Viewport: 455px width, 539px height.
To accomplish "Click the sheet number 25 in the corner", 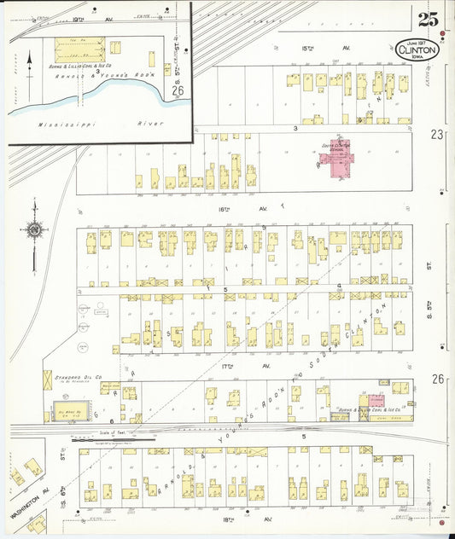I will [x=429, y=19].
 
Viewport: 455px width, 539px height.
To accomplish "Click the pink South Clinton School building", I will [x=334, y=157].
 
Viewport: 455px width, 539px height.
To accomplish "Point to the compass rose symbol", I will [x=33, y=228].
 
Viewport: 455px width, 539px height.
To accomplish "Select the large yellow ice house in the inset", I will [x=77, y=48].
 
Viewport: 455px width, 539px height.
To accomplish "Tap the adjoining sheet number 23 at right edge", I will [x=438, y=134].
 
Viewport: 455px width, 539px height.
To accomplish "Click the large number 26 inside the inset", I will [x=178, y=90].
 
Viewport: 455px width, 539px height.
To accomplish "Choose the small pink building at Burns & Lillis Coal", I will [x=376, y=399].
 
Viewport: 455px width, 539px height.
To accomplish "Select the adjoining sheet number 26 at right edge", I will [x=438, y=379].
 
